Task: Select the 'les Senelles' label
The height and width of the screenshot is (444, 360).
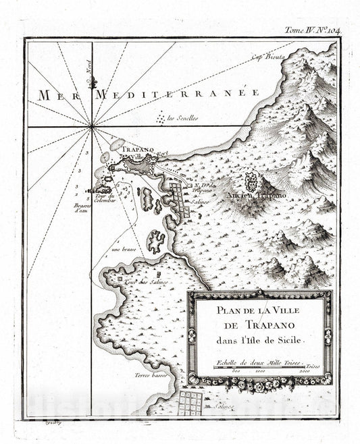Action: coord(183,118)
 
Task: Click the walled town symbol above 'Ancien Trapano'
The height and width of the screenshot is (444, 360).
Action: coord(249,181)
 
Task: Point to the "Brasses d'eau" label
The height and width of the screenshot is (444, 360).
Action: coord(83,206)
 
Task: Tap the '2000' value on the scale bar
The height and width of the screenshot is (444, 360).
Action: coord(305,371)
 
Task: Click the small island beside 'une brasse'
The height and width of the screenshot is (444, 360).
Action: coord(156,241)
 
